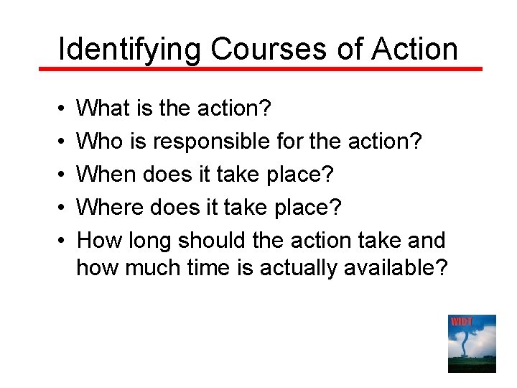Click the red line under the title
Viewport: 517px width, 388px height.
(x=258, y=69)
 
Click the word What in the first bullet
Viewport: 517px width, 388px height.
(x=100, y=108)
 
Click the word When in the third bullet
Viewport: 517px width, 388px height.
(x=106, y=174)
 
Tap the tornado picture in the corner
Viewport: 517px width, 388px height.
(x=472, y=344)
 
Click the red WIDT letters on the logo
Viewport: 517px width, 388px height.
(x=460, y=321)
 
